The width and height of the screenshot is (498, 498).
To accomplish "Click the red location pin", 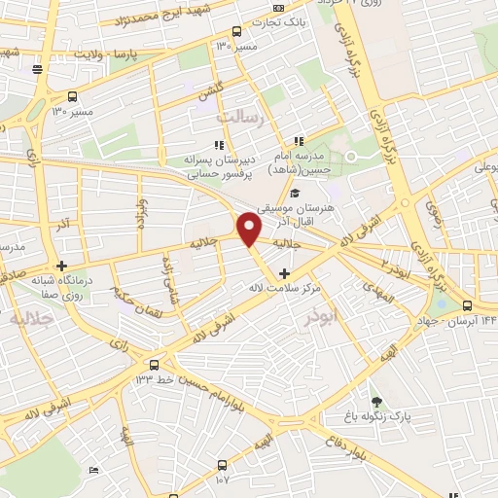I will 250,230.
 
